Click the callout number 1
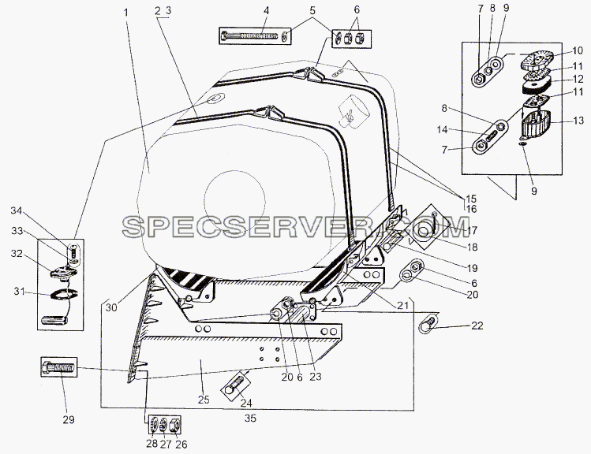(x=126, y=13)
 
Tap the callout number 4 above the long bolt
(x=266, y=10)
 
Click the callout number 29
(x=68, y=419)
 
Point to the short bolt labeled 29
(x=59, y=367)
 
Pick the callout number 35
(x=250, y=418)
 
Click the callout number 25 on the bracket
(x=204, y=400)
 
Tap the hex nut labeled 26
(x=176, y=426)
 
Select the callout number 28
(x=152, y=444)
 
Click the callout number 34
(x=17, y=210)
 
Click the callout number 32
(x=17, y=254)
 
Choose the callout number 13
(x=578, y=121)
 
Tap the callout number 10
(x=578, y=50)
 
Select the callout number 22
(x=477, y=326)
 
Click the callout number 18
(x=472, y=247)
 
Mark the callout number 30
(x=111, y=307)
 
